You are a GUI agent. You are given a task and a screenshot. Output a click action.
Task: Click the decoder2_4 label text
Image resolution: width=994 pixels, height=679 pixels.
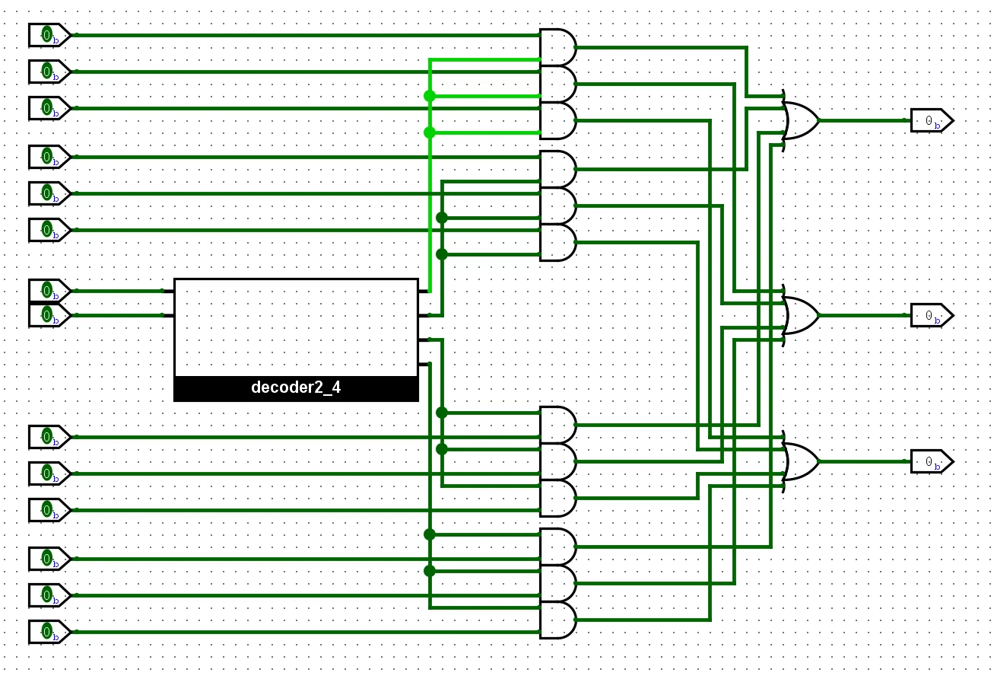(x=296, y=387)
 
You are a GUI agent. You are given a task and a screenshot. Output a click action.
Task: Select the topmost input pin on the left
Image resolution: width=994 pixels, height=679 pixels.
(x=49, y=35)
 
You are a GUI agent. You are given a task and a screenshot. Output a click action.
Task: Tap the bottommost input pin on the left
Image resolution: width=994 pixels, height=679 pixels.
(x=49, y=632)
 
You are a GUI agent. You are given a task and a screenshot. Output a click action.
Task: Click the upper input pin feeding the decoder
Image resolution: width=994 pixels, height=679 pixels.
(x=49, y=291)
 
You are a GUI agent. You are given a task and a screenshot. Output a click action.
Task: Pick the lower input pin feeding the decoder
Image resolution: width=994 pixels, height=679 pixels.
(x=49, y=314)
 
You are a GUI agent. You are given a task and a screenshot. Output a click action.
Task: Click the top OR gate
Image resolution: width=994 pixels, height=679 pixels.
(x=800, y=120)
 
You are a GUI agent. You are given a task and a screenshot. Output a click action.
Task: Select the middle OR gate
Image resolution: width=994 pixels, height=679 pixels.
(x=800, y=315)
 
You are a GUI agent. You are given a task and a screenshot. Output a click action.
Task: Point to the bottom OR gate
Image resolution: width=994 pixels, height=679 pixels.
(x=800, y=461)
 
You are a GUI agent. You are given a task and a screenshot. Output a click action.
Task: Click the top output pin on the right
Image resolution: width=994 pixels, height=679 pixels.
(x=932, y=120)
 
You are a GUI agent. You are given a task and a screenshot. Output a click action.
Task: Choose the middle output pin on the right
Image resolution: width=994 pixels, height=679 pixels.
(x=932, y=315)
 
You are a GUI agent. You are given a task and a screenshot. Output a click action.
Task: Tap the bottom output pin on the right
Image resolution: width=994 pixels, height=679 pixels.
(x=932, y=461)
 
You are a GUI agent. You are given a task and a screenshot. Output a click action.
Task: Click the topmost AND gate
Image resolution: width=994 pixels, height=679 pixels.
(x=557, y=47)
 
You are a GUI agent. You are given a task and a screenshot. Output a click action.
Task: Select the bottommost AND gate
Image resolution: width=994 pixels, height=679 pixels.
(x=557, y=620)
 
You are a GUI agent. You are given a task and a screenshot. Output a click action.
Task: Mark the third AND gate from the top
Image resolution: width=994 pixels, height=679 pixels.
(x=557, y=120)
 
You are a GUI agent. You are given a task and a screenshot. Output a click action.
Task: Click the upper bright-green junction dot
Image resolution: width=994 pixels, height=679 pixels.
(x=430, y=96)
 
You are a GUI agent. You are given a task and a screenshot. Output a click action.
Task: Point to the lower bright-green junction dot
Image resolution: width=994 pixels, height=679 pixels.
(x=430, y=132)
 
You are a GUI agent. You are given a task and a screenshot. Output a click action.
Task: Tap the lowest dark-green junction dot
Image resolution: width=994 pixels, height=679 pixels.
(x=430, y=571)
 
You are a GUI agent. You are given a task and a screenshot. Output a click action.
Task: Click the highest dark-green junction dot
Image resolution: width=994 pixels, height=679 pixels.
(x=442, y=218)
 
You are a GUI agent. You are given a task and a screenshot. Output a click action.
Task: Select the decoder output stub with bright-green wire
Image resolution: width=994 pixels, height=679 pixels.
(x=424, y=291)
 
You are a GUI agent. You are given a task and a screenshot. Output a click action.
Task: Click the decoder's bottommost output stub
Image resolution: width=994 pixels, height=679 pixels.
(x=424, y=364)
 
